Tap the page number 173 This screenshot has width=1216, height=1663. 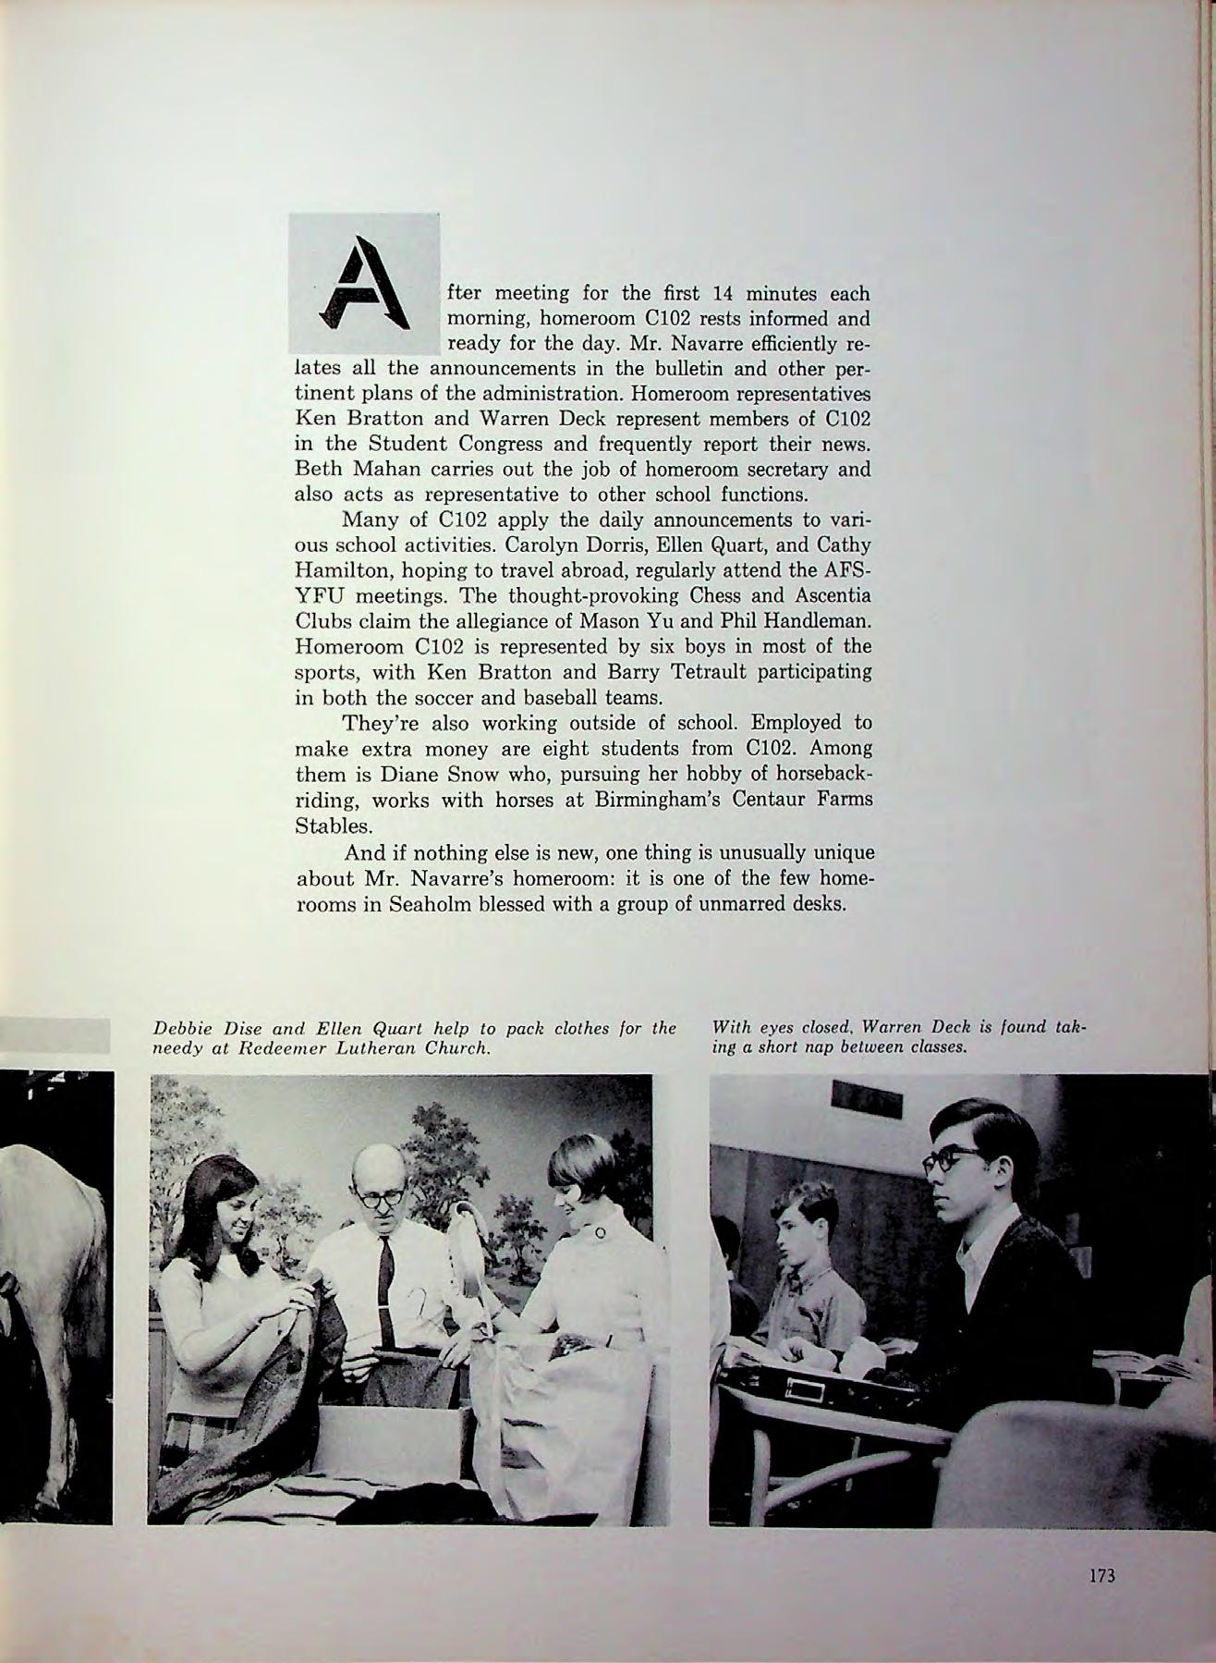point(1101,1576)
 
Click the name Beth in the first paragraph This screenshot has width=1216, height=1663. point(319,469)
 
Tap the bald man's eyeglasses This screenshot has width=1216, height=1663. point(381,1197)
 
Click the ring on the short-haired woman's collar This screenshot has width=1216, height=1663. point(600,1231)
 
